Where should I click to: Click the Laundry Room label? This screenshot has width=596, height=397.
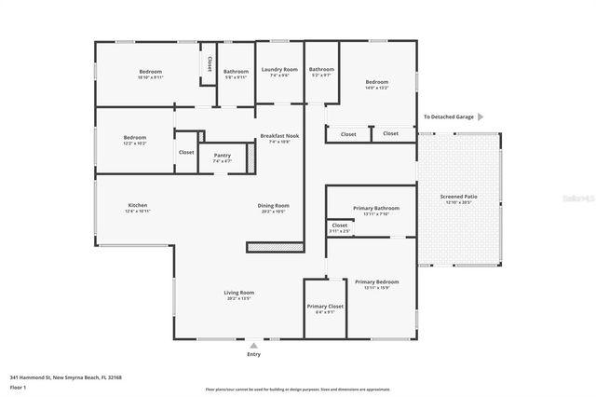[278, 70]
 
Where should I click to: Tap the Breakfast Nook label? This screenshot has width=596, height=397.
[278, 136]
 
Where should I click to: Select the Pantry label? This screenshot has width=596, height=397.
[222, 156]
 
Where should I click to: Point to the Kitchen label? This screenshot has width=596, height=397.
[138, 205]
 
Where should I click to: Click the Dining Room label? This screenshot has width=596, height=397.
[274, 205]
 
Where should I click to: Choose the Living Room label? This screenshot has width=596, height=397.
[239, 293]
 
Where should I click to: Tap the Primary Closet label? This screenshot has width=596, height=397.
[324, 307]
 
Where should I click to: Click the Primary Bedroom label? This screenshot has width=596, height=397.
[376, 281]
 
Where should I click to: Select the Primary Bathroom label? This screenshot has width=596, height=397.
[376, 208]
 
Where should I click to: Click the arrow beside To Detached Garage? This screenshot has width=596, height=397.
[481, 117]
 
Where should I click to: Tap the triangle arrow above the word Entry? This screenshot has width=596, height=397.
[253, 345]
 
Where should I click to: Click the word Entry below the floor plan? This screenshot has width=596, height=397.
[253, 354]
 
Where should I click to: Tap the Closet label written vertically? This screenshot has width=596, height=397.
[210, 63]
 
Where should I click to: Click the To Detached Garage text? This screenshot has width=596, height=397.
[449, 117]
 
